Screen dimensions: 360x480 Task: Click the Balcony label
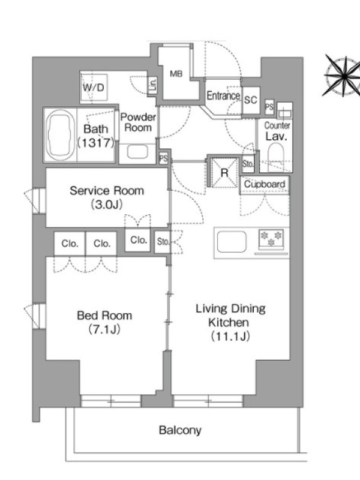click(x=180, y=430)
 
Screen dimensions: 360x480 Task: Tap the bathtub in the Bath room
click(x=61, y=135)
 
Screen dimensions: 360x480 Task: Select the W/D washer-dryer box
click(x=94, y=88)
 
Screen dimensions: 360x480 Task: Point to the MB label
click(x=176, y=74)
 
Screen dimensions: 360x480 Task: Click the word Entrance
click(x=223, y=96)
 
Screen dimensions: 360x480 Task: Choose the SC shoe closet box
click(x=251, y=100)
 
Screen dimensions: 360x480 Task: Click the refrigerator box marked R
click(x=224, y=173)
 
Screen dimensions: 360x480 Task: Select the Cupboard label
click(x=265, y=184)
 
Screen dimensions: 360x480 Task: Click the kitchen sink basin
click(x=232, y=242)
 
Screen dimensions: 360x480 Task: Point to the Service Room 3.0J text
click(x=107, y=197)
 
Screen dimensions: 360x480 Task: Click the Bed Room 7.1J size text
click(x=104, y=329)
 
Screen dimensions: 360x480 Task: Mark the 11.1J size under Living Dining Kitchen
click(x=230, y=337)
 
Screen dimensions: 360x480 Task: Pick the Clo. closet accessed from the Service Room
click(x=138, y=240)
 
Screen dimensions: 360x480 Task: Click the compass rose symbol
click(x=343, y=76)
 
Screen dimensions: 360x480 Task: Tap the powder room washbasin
click(x=138, y=152)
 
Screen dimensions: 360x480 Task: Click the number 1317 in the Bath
click(x=96, y=143)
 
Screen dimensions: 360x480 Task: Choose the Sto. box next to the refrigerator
click(x=248, y=164)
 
